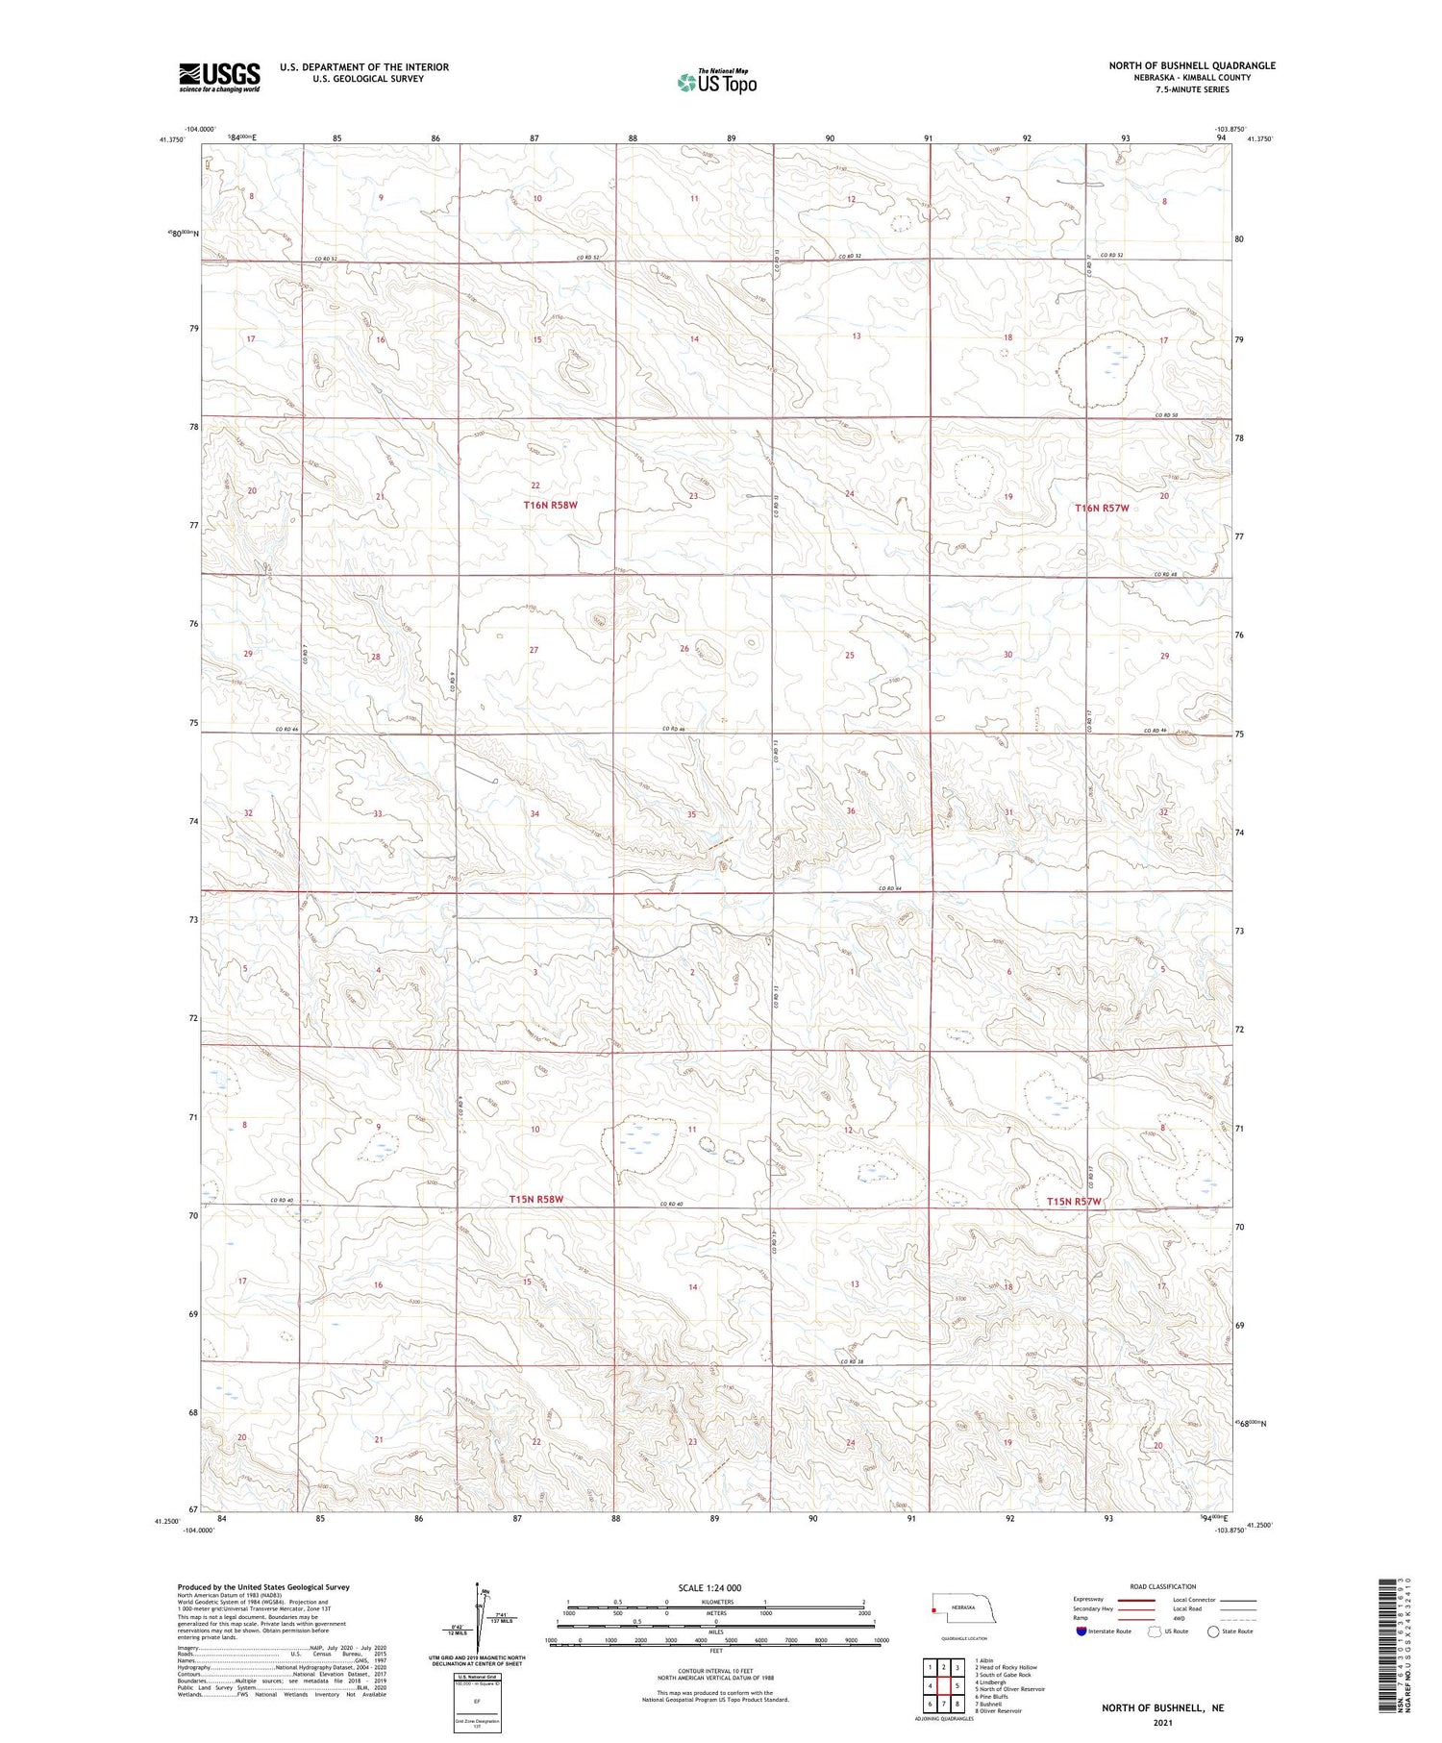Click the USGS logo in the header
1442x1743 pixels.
point(219,77)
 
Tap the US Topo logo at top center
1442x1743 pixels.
point(717,83)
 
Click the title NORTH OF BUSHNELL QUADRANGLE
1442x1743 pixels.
point(1192,65)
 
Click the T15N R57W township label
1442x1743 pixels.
point(1074,1202)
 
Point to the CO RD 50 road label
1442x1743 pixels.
point(1166,415)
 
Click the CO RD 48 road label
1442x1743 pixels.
point(1166,575)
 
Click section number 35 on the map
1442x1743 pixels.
point(691,814)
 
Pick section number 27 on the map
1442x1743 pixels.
point(534,650)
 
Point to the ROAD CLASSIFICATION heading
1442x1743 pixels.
point(1163,1586)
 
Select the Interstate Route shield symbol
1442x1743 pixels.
point(1081,1631)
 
